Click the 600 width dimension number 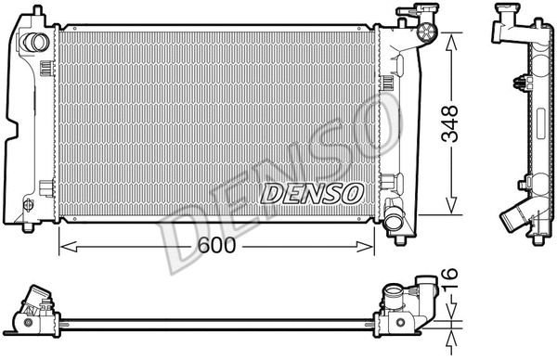[x=214, y=248]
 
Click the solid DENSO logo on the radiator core [x=311, y=193]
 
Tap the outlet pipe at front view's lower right [x=396, y=221]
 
